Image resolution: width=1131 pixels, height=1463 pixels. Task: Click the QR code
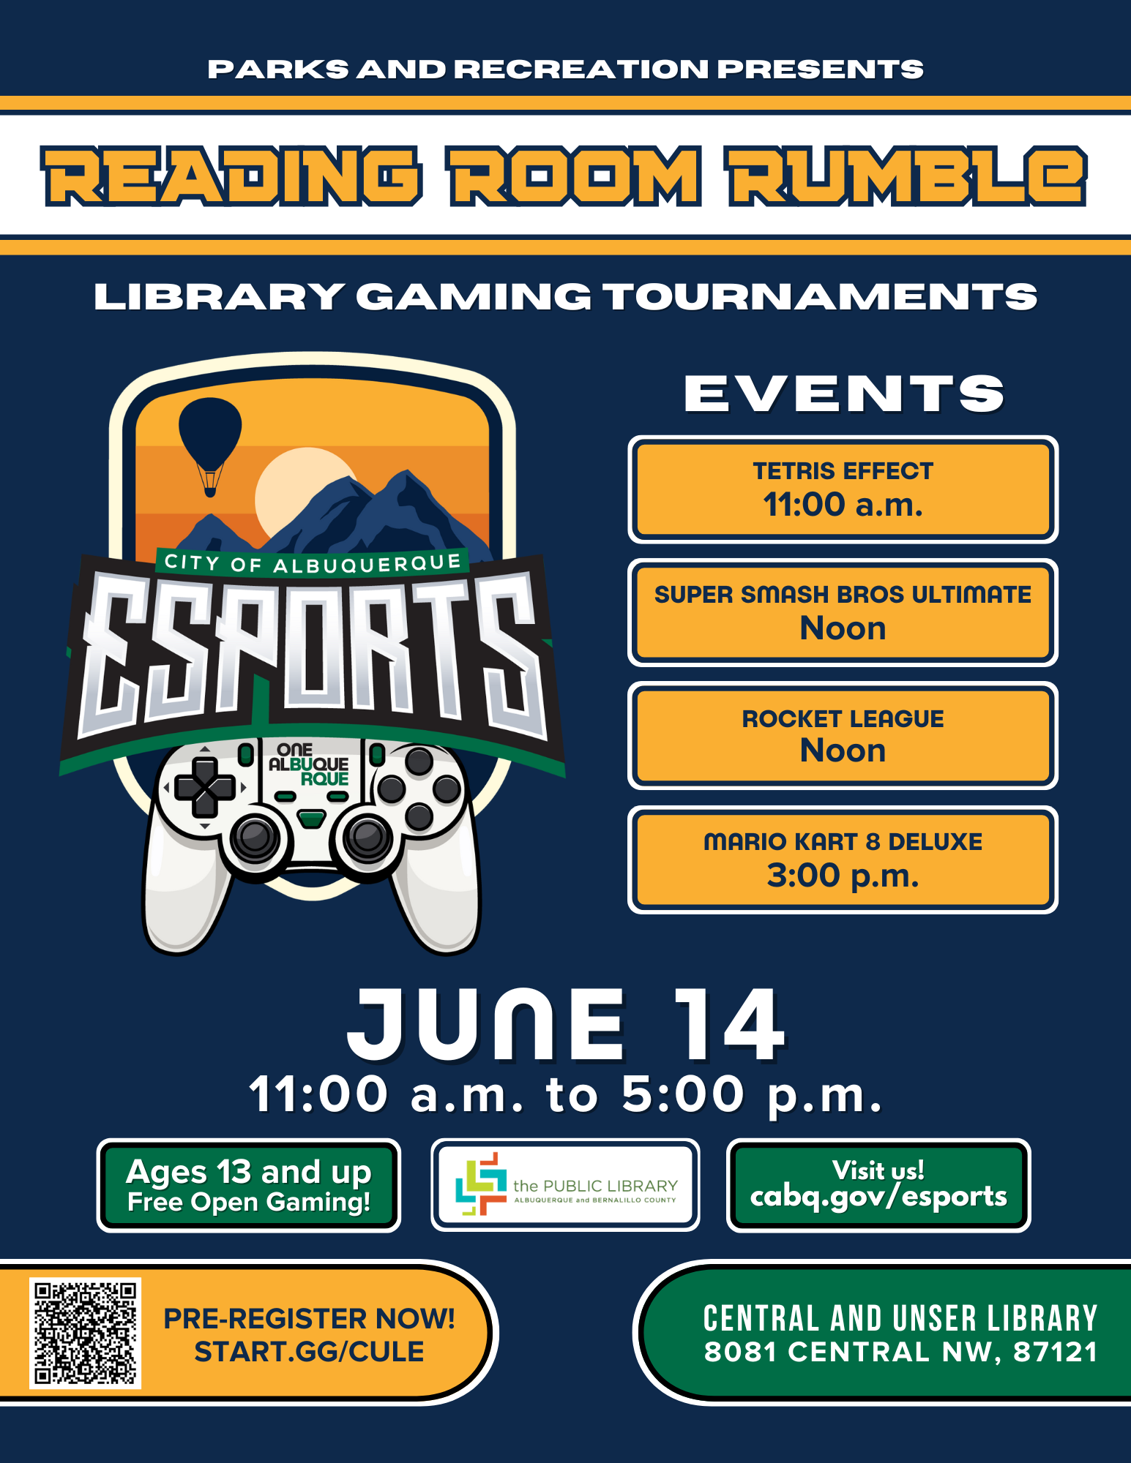pos(85,1333)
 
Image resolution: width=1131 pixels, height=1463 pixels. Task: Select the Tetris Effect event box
pos(843,489)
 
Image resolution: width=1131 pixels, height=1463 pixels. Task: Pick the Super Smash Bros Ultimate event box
pos(843,612)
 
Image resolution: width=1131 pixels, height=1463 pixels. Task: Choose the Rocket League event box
pos(843,736)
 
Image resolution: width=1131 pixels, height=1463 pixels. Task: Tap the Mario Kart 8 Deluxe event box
pos(843,860)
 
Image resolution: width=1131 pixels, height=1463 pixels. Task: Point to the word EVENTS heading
pos(844,394)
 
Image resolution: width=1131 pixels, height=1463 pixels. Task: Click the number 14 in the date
pos(730,1024)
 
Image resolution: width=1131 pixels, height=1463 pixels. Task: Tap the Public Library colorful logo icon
pos(480,1184)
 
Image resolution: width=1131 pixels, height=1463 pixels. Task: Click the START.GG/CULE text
pos(309,1352)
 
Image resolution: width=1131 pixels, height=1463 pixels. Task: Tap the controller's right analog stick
pos(367,837)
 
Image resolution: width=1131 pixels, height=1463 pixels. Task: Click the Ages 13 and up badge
pos(249,1185)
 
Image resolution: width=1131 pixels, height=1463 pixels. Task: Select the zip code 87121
pos(1056,1353)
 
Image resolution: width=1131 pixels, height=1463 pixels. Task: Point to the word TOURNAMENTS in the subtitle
pos(820,297)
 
